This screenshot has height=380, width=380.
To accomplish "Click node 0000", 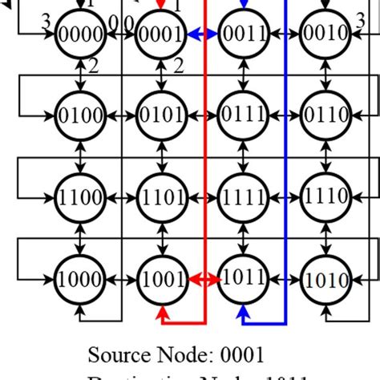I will [x=79, y=34].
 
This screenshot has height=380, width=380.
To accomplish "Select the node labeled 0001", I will [x=161, y=34].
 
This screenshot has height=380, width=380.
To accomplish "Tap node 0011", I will [x=243, y=34].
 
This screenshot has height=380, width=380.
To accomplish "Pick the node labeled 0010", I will [x=325, y=34].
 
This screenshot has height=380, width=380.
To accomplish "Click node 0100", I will [x=79, y=115].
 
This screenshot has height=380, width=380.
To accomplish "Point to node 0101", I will [x=161, y=115].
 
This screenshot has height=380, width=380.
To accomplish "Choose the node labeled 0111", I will [x=243, y=115].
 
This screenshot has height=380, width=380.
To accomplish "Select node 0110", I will [x=325, y=115].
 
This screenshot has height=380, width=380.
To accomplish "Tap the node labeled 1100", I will [x=79, y=197].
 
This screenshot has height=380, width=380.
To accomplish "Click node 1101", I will [x=161, y=197].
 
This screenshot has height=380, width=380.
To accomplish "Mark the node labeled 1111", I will [x=243, y=197].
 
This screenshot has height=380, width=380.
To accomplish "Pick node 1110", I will [x=325, y=197].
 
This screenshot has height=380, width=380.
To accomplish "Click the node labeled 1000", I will [x=79, y=279].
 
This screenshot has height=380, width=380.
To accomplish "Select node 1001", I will [x=161, y=279].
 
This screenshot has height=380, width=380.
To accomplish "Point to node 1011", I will [x=243, y=279].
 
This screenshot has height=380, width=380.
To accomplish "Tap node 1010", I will [x=325, y=279].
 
